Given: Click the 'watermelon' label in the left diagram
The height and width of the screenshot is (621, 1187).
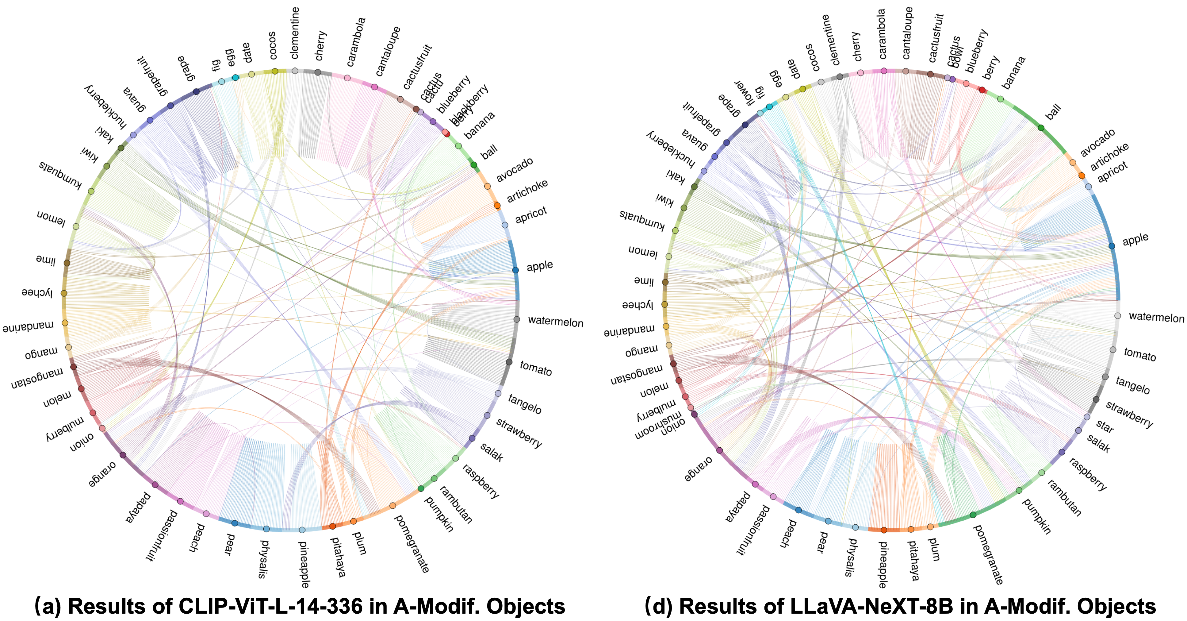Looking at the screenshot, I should pos(555,322).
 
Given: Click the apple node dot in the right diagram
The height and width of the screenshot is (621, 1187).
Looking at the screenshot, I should pos(1112,246).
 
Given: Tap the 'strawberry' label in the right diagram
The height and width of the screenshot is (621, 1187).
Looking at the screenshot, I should pos(1129,414).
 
